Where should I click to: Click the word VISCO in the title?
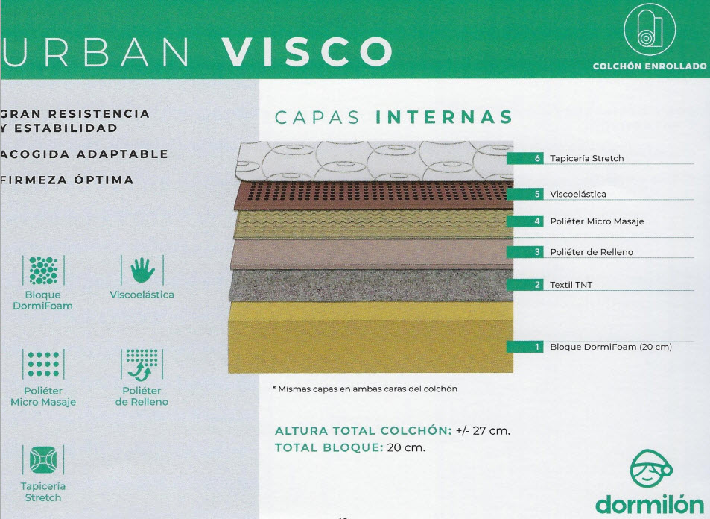point(307,51)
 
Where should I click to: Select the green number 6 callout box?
point(524,158)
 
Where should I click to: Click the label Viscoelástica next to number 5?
point(578,194)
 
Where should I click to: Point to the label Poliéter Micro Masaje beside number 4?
point(597,221)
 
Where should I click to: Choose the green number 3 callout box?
point(524,251)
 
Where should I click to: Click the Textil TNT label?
point(571,285)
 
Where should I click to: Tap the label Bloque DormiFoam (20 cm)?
point(611,347)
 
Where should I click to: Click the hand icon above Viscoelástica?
point(142,270)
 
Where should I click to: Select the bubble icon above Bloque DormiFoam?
point(43,270)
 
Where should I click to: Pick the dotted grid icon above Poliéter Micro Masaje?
point(43,364)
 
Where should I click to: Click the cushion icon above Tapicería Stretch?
point(43,459)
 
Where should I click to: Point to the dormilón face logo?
point(651,469)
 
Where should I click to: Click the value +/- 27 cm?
point(483,430)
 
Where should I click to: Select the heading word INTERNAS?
point(444,117)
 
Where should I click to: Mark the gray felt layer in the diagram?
point(371,285)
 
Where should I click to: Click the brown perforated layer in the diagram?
point(373,195)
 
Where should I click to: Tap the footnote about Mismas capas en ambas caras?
point(365,389)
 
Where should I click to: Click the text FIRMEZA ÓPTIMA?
point(67,180)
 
